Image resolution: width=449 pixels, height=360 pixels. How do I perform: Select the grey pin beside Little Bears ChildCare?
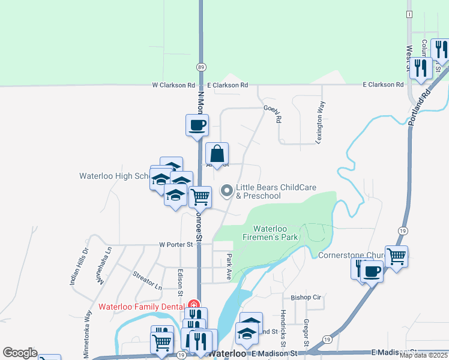227,191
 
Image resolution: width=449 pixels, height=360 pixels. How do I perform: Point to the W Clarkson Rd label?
173,85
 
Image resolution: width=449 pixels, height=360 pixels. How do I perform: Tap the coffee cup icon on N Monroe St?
197,126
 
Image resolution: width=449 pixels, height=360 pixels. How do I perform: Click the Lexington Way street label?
321,122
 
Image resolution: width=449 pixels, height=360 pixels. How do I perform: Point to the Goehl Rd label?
273,112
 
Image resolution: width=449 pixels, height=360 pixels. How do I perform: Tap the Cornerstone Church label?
347,255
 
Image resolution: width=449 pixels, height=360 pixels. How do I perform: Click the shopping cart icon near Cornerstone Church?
396,257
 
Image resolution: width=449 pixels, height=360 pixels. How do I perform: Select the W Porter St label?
175,244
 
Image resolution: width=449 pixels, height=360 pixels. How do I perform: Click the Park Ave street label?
229,266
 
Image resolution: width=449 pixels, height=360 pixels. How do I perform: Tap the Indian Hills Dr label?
80,266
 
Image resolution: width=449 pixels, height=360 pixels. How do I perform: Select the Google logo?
20,353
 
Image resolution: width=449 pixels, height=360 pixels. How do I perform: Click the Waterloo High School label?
115,176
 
